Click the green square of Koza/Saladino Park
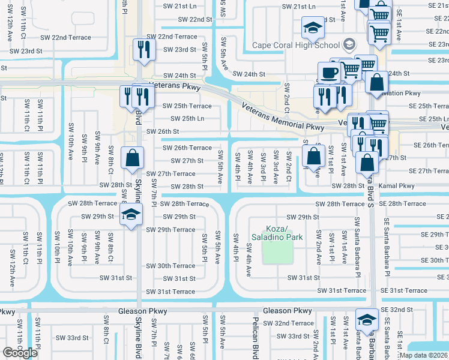coord(277,253)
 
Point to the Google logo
coord(20,353)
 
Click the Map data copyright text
coord(423,355)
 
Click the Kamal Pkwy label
coord(397,186)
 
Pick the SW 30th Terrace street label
coord(170,266)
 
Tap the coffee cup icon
coord(329,73)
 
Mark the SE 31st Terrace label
coord(408,291)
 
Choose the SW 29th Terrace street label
coord(170,230)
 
